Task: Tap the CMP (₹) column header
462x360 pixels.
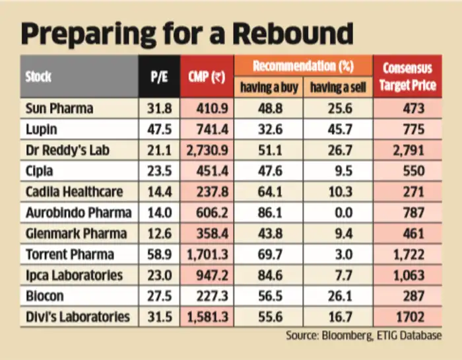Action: (x=209, y=77)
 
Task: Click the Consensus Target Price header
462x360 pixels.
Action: (x=407, y=77)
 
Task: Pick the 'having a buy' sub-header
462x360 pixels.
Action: (x=269, y=87)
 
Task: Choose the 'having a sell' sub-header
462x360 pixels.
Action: (x=337, y=87)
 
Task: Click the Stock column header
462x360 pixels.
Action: (x=38, y=77)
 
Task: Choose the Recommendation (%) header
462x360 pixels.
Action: (x=303, y=67)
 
